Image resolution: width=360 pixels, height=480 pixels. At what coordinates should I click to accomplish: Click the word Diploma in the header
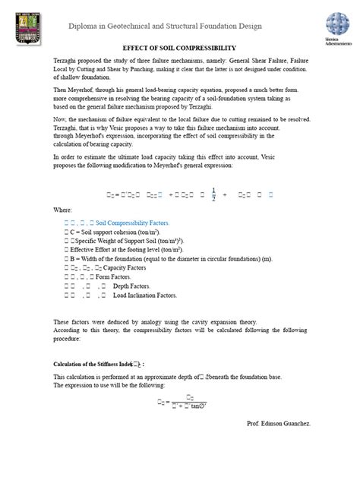tap(85, 27)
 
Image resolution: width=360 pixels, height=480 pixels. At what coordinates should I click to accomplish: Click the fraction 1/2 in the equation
tap(213, 193)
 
